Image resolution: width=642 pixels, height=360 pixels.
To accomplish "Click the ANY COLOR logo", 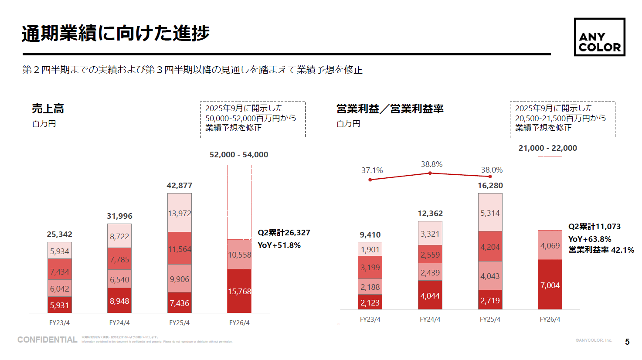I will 599,37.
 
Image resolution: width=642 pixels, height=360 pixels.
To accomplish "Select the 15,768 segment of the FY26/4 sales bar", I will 239,291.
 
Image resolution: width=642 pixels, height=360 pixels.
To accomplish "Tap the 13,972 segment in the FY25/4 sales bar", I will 180,213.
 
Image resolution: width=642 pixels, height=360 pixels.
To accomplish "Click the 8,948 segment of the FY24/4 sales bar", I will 119,301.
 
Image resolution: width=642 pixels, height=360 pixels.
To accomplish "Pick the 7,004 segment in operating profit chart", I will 550,285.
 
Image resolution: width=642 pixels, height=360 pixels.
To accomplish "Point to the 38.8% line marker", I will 430,173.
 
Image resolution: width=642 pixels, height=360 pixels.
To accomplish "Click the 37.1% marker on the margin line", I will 370,180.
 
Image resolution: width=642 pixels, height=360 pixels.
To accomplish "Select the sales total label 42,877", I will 179,186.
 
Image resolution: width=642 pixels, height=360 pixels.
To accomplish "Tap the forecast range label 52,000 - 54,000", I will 239,155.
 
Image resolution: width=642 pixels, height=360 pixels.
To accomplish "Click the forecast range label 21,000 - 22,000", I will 547,148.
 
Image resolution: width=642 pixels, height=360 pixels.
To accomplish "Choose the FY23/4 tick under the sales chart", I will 59,323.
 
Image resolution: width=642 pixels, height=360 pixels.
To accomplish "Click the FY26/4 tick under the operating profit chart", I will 550,319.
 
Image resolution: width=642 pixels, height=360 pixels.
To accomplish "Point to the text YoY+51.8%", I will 279,245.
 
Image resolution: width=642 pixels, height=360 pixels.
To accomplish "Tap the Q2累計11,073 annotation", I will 594,227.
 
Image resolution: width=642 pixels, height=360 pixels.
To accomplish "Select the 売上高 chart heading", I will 48,109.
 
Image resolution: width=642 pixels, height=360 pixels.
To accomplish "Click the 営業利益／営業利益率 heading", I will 390,109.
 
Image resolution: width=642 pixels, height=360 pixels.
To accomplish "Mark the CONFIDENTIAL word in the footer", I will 47,340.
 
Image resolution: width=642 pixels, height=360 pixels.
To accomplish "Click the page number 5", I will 627,342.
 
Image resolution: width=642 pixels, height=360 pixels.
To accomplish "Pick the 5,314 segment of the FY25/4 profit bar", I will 490,213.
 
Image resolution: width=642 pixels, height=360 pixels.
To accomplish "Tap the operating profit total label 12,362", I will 430,214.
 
